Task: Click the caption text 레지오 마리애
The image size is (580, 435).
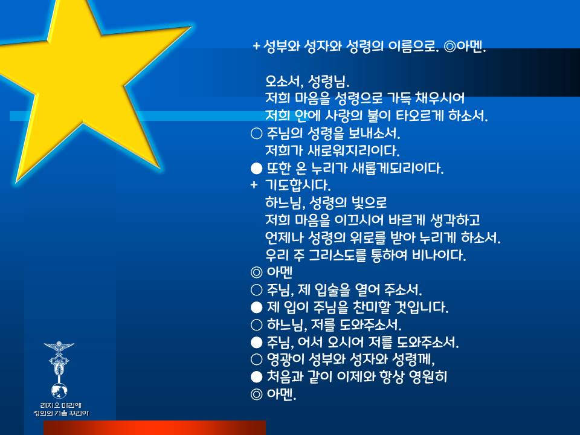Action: (60, 405)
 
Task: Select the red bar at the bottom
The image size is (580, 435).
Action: (155, 428)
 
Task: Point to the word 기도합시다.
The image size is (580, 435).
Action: (298, 185)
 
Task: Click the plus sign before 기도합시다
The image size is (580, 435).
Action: (254, 185)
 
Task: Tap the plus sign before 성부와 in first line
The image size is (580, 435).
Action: (256, 47)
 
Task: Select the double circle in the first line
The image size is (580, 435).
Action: (449, 47)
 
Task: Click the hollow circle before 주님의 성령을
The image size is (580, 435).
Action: (256, 133)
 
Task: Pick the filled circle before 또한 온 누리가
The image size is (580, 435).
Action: (256, 169)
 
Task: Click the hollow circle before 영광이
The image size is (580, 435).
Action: (256, 359)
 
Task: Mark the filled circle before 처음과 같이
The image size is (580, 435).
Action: (256, 377)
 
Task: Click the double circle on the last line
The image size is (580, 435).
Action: (256, 395)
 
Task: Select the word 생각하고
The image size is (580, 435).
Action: (455, 220)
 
